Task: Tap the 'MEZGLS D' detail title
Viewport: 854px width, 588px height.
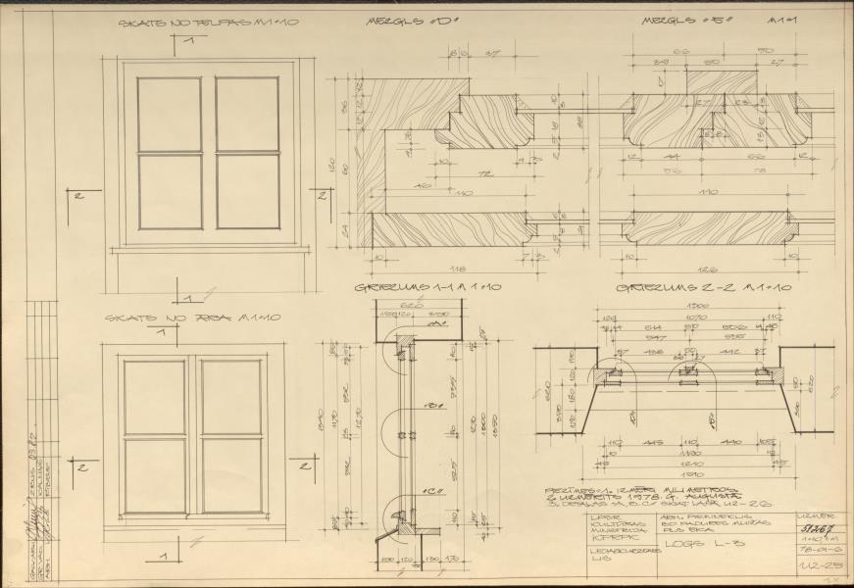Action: tap(402, 21)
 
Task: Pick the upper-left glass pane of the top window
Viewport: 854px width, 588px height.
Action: tap(170, 115)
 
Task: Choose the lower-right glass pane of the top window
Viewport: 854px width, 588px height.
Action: tap(247, 191)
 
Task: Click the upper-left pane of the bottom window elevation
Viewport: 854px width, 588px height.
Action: tap(154, 397)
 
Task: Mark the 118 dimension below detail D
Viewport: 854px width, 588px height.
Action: tap(456, 268)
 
